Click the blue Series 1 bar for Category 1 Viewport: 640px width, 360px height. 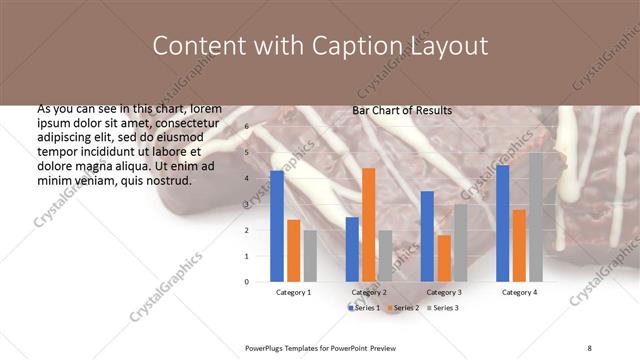[x=277, y=226]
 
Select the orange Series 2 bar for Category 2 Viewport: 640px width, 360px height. [x=369, y=225]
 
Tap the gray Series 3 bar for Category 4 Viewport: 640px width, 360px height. [x=536, y=217]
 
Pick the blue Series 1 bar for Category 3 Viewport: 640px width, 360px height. [x=427, y=236]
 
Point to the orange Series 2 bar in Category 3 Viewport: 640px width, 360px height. [x=444, y=258]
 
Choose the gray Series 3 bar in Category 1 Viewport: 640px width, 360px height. [x=311, y=255]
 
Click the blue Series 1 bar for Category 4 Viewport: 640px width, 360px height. [x=502, y=223]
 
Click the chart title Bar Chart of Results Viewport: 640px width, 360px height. [x=402, y=111]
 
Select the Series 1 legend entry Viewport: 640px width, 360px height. [x=364, y=308]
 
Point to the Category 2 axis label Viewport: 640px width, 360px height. [x=369, y=292]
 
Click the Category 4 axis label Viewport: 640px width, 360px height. [x=519, y=292]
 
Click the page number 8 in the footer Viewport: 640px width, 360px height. [x=589, y=348]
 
